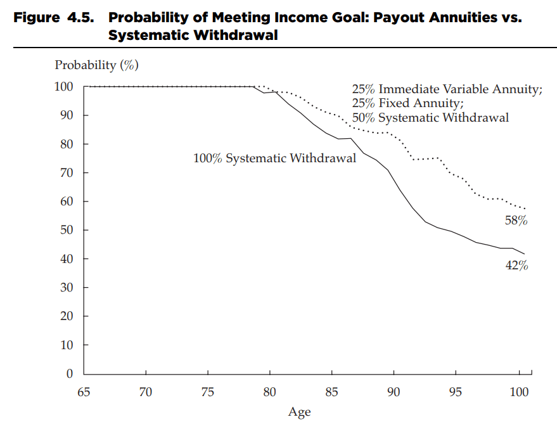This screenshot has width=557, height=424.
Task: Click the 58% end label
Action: pyautogui.click(x=516, y=221)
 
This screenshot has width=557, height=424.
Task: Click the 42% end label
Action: pyautogui.click(x=516, y=265)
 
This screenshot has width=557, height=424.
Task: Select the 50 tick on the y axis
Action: pyautogui.click(x=67, y=230)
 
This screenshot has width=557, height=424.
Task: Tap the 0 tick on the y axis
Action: pyautogui.click(x=70, y=374)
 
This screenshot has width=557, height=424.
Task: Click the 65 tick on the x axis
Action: pyautogui.click(x=84, y=392)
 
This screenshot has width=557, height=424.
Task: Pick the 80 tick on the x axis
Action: pyautogui.click(x=270, y=392)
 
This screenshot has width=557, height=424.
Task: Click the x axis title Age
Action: pyautogui.click(x=299, y=413)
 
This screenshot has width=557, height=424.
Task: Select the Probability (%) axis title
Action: pyautogui.click(x=96, y=65)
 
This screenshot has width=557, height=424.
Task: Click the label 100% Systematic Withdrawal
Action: pyautogui.click(x=274, y=158)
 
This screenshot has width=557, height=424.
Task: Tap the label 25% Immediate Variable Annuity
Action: pyautogui.click(x=447, y=89)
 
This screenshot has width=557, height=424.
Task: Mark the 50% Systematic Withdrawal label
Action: pyautogui.click(x=430, y=117)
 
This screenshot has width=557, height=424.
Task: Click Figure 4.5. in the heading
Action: pyautogui.click(x=54, y=18)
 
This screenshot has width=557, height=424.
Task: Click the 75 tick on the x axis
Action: pyautogui.click(x=208, y=392)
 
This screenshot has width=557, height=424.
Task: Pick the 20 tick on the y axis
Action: pyautogui.click(x=67, y=316)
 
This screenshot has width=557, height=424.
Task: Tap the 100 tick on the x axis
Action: pyautogui.click(x=519, y=392)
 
